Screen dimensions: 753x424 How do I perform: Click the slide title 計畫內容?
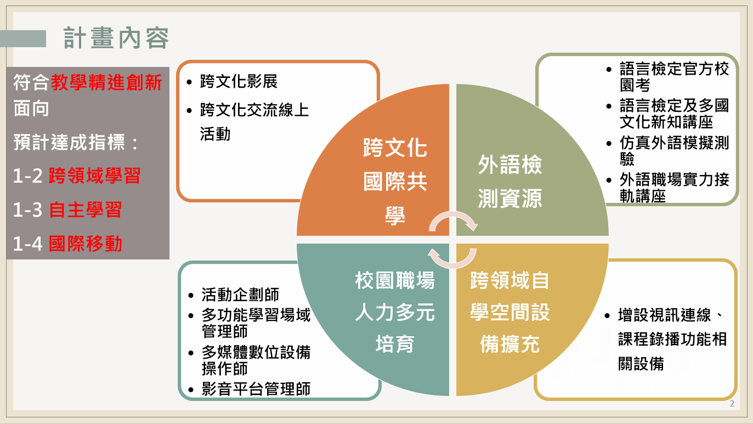(x=116, y=38)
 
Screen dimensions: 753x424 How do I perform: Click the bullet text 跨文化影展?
(x=239, y=81)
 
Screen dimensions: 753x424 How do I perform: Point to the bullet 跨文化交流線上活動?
(x=254, y=122)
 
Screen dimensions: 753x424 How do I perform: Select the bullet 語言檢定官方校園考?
(x=674, y=77)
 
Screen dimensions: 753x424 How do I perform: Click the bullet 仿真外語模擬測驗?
(x=674, y=151)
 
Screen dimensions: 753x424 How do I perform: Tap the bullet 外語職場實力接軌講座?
(x=674, y=188)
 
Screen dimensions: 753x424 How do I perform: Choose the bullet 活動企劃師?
(x=240, y=295)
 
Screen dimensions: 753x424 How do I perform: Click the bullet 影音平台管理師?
(x=256, y=389)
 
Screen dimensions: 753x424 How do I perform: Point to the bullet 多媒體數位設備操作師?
(x=256, y=360)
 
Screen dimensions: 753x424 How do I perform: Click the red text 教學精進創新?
(x=106, y=82)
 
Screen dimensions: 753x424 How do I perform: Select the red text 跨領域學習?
(x=94, y=176)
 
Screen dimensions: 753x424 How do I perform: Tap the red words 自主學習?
(x=86, y=210)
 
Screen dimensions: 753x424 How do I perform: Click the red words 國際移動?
(x=86, y=244)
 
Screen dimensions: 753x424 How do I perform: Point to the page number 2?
(x=732, y=404)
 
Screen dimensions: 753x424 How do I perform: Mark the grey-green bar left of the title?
(x=23, y=38)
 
